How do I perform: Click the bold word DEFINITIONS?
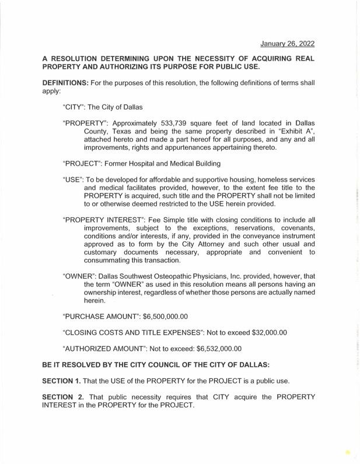pyautogui.click(x=64, y=83)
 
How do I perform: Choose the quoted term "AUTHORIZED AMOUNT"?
pyautogui.click(x=109, y=349)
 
